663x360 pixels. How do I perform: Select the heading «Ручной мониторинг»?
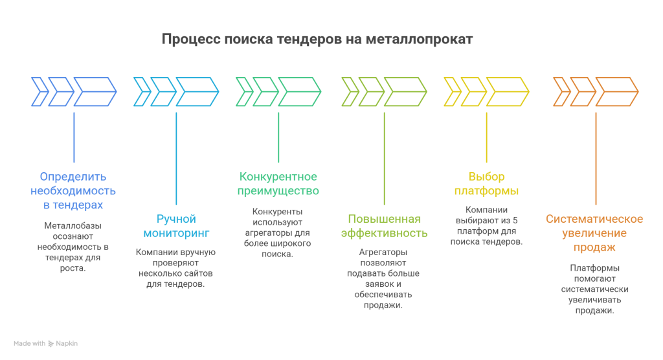[x=176, y=226]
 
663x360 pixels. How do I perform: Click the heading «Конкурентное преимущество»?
[x=278, y=184]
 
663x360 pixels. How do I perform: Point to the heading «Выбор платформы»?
[x=486, y=184]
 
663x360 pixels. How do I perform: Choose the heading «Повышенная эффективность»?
[x=384, y=226]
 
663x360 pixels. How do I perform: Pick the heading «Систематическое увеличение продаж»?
[x=594, y=233]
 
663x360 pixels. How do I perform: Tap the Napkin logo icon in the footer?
[x=51, y=344]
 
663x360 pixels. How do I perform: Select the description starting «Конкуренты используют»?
[x=278, y=232]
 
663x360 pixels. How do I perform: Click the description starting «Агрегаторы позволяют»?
[x=384, y=278]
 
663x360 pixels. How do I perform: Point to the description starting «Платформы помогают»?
[x=594, y=289]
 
